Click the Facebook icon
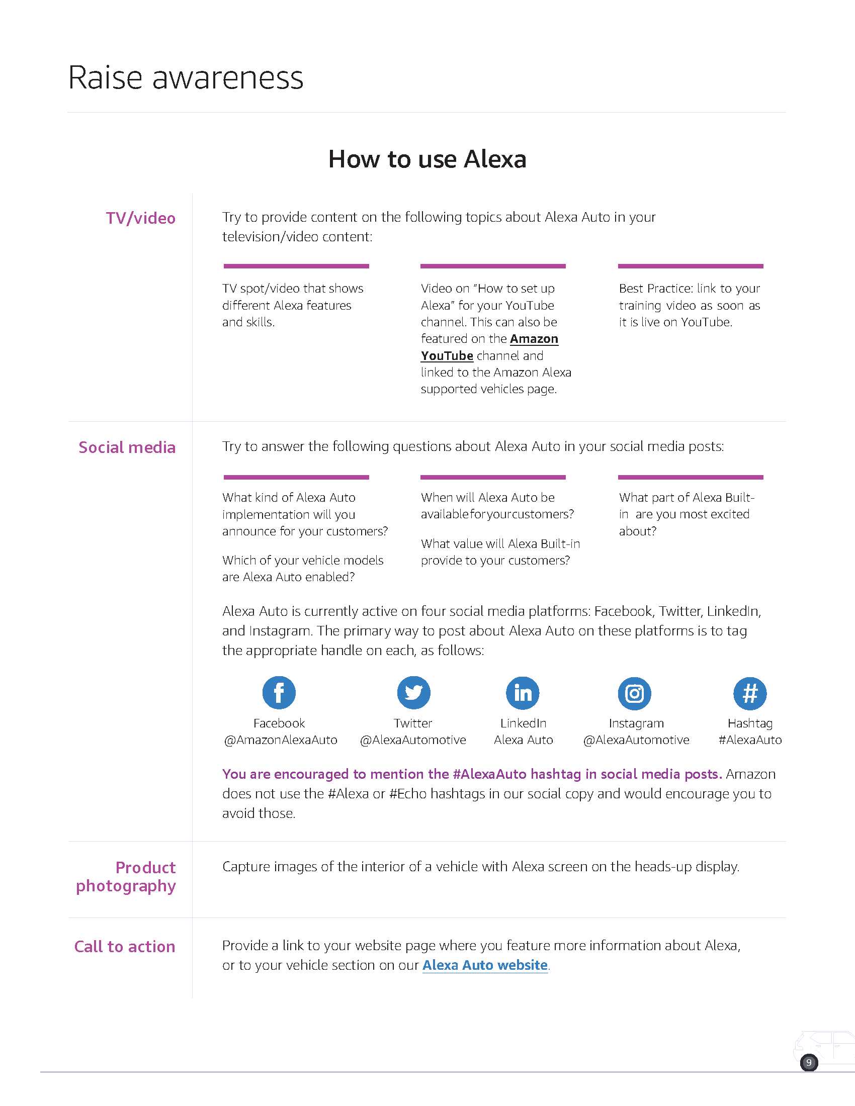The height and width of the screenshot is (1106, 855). click(x=279, y=692)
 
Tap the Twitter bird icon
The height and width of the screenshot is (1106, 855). click(x=413, y=692)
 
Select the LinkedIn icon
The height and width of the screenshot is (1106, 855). click(x=523, y=693)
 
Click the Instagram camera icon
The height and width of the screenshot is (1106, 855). click(x=634, y=693)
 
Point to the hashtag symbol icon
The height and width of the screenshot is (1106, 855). click(x=750, y=693)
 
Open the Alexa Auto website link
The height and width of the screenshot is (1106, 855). click(x=485, y=965)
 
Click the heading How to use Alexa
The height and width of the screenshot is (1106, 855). click(x=427, y=159)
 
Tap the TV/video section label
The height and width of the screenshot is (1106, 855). click(x=140, y=218)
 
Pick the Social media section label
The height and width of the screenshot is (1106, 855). click(x=127, y=447)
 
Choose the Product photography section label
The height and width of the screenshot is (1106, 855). click(x=126, y=877)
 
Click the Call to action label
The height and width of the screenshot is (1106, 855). click(x=125, y=947)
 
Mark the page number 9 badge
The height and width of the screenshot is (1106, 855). click(x=808, y=1062)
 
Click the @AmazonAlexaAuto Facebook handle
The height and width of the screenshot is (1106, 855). click(x=280, y=740)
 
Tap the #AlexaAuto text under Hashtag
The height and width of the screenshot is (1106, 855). click(x=750, y=740)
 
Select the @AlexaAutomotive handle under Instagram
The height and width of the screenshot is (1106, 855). click(x=636, y=740)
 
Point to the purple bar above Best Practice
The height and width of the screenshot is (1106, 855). click(x=690, y=266)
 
